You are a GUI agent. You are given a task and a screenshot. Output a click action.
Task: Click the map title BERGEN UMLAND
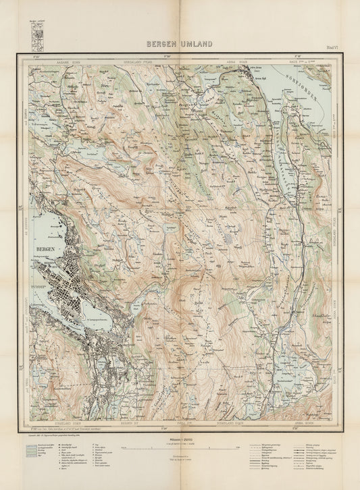(180, 44)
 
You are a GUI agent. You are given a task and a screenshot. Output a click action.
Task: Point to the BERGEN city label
(42, 250)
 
